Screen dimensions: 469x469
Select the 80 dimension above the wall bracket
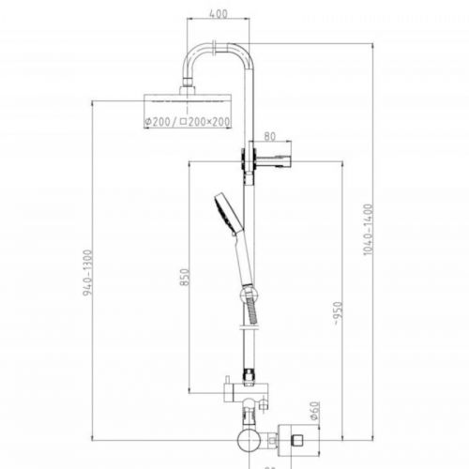coord(270,135)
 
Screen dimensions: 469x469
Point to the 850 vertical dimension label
coord(185,279)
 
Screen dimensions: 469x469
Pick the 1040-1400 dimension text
coord(369,230)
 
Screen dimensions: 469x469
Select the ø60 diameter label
coord(315,409)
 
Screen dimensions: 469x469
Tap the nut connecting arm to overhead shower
coord(191,88)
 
